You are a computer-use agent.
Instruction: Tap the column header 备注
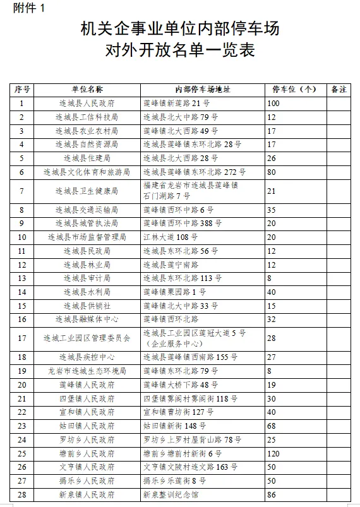coord(339,90)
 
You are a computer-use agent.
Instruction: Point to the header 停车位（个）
coord(294,90)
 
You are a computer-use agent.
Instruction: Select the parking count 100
coord(273,103)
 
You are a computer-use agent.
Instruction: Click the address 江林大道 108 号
coord(171,237)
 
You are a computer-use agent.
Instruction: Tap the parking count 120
coord(273,453)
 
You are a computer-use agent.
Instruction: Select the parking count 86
coord(272,494)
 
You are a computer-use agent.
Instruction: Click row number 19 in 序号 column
coord(22,371)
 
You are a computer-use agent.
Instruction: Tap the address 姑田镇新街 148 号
coord(175,426)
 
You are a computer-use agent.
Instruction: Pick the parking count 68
coord(272,426)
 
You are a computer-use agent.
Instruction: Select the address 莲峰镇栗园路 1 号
coord(175,292)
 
